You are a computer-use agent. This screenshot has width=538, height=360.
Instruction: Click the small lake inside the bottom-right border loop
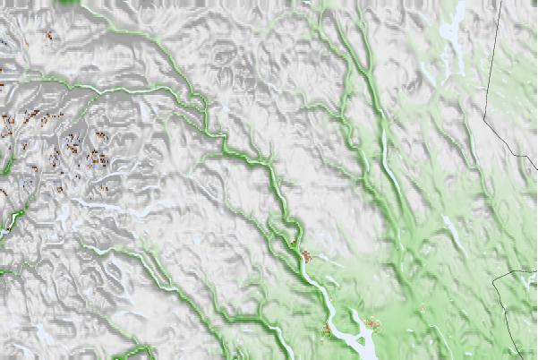coord(525,282)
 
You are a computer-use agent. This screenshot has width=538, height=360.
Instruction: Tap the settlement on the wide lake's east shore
coord(372,322)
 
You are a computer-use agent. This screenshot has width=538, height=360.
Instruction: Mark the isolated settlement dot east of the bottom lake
coord(422,309)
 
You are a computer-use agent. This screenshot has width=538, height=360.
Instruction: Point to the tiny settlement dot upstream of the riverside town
coord(293,242)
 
